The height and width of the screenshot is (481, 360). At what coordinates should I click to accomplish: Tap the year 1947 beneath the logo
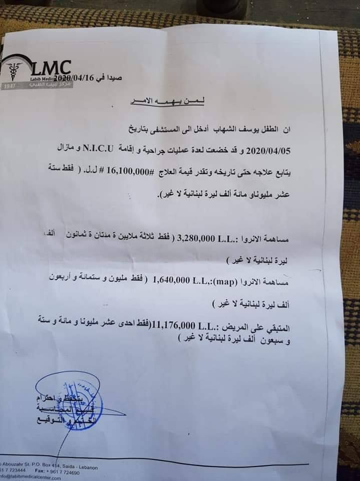[9, 86]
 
